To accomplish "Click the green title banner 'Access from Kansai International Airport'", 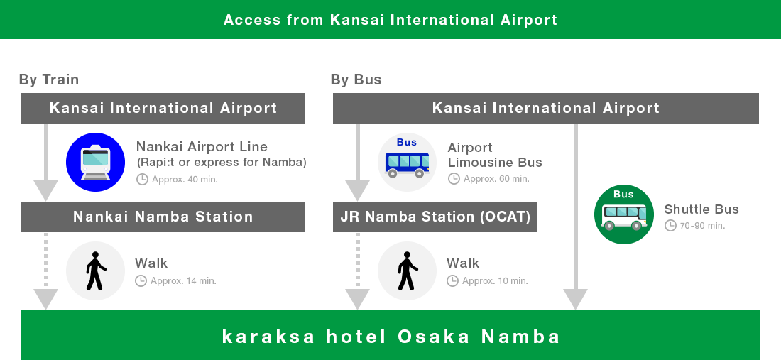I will click(390, 19).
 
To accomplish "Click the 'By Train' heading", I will click(49, 80).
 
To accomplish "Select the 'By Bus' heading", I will click(356, 80).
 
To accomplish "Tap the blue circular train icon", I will click(95, 162).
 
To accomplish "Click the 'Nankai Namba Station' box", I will click(163, 217).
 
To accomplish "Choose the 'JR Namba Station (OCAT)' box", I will click(435, 217).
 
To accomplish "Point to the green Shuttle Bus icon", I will click(623, 214).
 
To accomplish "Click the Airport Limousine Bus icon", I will click(407, 162).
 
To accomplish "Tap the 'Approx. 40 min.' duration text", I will click(184, 179).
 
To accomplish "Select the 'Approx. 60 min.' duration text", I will click(496, 179).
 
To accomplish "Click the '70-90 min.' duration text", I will click(701, 226).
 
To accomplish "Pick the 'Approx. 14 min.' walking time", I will click(183, 281).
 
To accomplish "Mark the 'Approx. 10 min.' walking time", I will click(495, 281).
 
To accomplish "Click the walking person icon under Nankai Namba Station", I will click(95, 271).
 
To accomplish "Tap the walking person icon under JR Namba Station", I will click(407, 271).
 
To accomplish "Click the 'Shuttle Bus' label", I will click(701, 209).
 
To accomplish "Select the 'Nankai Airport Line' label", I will click(202, 147).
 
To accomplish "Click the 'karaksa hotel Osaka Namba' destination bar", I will click(390, 336).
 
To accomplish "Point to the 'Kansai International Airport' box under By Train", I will click(163, 108).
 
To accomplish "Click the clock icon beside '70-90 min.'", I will click(670, 226).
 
